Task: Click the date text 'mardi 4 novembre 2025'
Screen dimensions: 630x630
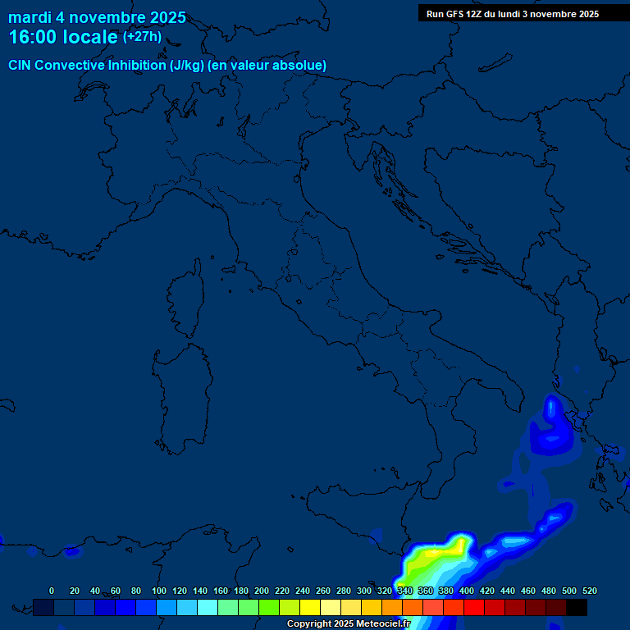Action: pos(97,17)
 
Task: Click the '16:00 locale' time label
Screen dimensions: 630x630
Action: pos(62,37)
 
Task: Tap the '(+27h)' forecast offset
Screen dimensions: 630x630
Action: pos(142,37)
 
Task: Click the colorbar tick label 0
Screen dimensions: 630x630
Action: pos(52,591)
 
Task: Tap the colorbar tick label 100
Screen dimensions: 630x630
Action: pos(158,591)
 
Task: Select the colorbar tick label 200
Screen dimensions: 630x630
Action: pos(262,591)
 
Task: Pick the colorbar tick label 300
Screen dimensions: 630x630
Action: pos(364,591)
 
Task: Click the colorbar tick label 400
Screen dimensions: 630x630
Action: pos(467,591)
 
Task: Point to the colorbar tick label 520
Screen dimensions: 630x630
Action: pos(589,591)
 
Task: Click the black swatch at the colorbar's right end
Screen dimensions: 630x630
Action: pos(577,607)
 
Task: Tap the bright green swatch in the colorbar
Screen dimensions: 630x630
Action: pos(269,607)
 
